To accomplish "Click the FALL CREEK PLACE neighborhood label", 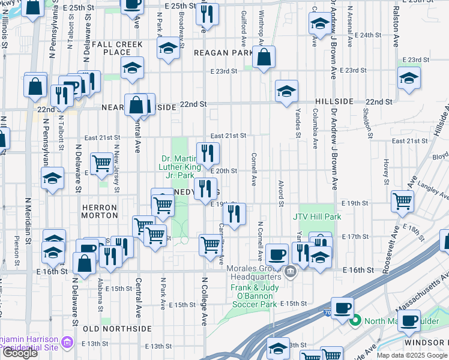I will coord(117,48).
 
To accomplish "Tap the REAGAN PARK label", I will coord(223,53).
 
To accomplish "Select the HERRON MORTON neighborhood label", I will coord(99,211).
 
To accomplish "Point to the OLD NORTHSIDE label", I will coord(117,329).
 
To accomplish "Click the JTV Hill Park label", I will coord(317,217).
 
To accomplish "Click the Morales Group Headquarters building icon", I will coord(290,272).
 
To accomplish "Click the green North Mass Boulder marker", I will coord(355,320).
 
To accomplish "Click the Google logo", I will coord(20,353).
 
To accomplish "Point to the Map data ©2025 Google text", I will coord(411,355).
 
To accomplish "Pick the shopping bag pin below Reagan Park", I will coord(264,58).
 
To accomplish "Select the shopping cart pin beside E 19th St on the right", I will coord(402,202).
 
